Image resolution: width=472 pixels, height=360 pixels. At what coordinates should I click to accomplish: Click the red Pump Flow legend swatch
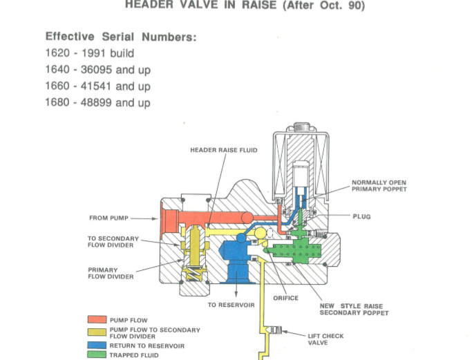tap(97, 320)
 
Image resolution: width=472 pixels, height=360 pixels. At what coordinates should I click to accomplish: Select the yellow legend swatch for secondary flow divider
tap(97, 332)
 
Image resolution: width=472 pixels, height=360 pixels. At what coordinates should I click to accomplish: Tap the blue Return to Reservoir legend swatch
tap(97, 345)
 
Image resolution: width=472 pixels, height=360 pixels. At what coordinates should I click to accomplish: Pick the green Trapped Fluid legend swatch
tap(97, 354)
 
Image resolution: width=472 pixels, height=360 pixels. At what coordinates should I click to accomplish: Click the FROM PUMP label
tap(108, 218)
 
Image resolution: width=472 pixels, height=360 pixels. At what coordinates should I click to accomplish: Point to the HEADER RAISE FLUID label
tap(223, 150)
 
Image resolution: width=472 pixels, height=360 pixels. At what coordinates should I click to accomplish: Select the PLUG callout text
tap(361, 216)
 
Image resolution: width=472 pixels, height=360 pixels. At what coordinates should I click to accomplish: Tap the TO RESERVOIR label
tap(232, 305)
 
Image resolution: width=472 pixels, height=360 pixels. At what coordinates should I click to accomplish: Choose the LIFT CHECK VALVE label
tap(325, 339)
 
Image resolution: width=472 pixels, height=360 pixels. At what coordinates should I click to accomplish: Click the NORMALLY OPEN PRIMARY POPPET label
tap(379, 186)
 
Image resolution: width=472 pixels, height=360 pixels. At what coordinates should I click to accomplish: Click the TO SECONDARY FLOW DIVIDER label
tap(113, 242)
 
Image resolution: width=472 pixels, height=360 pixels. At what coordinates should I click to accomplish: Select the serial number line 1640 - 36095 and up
tap(97, 70)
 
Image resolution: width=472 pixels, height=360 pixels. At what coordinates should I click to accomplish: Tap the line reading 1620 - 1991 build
tap(89, 53)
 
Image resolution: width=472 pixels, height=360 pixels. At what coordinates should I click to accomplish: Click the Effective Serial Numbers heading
tap(121, 37)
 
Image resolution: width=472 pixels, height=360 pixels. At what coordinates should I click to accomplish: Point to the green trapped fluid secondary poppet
tap(296, 250)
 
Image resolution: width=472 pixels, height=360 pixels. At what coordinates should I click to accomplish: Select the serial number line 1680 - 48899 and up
tap(97, 103)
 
